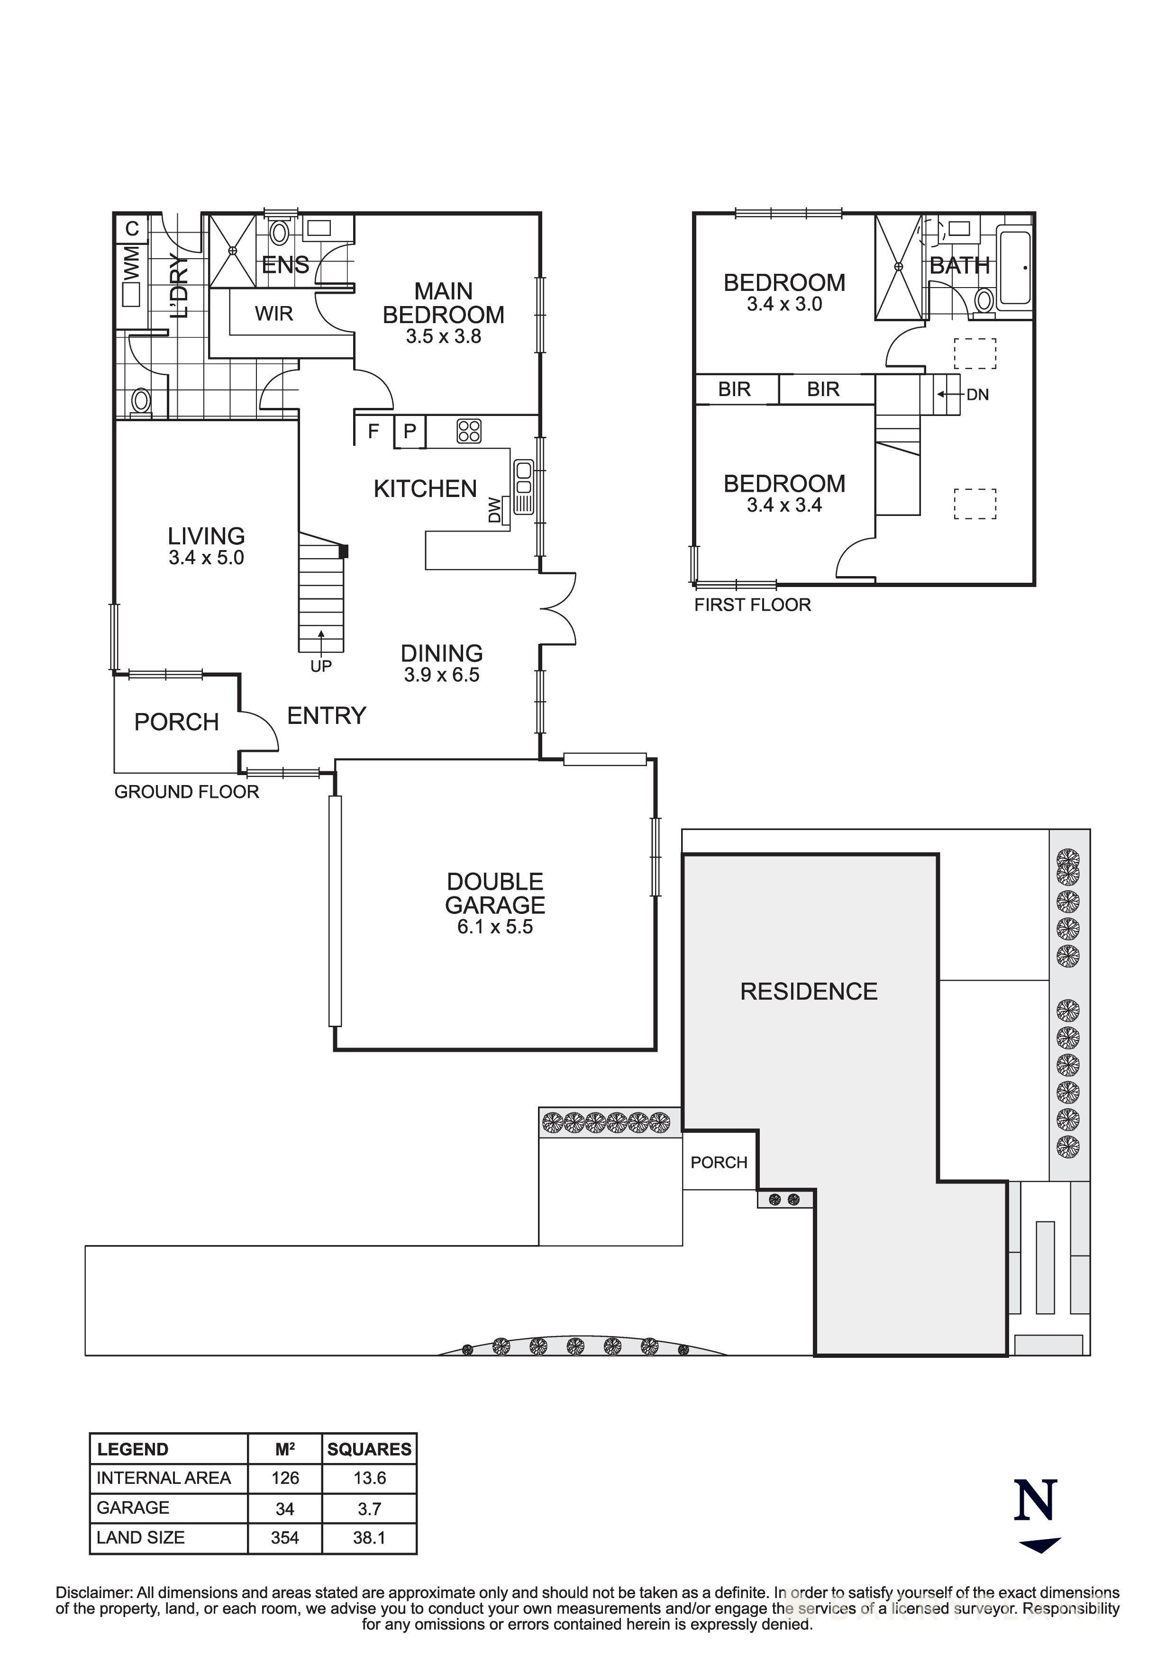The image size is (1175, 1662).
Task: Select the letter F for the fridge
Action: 373,432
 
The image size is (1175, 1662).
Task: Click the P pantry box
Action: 410,432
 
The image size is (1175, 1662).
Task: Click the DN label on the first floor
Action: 977,395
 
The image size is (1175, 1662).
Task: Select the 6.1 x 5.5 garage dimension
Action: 495,927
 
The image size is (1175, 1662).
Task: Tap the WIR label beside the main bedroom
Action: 273,314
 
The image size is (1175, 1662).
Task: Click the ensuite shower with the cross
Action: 233,251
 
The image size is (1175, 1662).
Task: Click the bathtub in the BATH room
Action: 1015,268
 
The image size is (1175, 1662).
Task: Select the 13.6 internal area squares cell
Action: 369,1477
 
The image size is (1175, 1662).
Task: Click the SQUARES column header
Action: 369,1449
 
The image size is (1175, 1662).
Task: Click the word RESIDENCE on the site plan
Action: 809,992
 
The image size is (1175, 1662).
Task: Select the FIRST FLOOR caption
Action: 752,605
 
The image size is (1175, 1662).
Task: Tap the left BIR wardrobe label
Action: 734,389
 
